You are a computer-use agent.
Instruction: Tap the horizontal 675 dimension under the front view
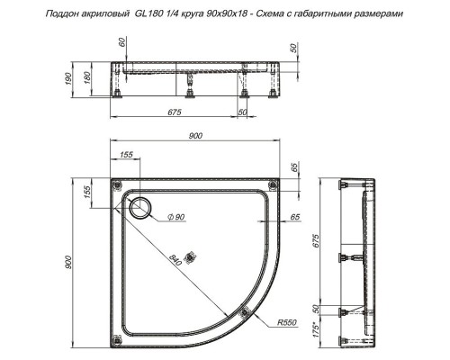(x=175, y=111)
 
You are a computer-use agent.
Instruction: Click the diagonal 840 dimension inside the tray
(x=175, y=261)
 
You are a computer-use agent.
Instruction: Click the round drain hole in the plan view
(x=141, y=210)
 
